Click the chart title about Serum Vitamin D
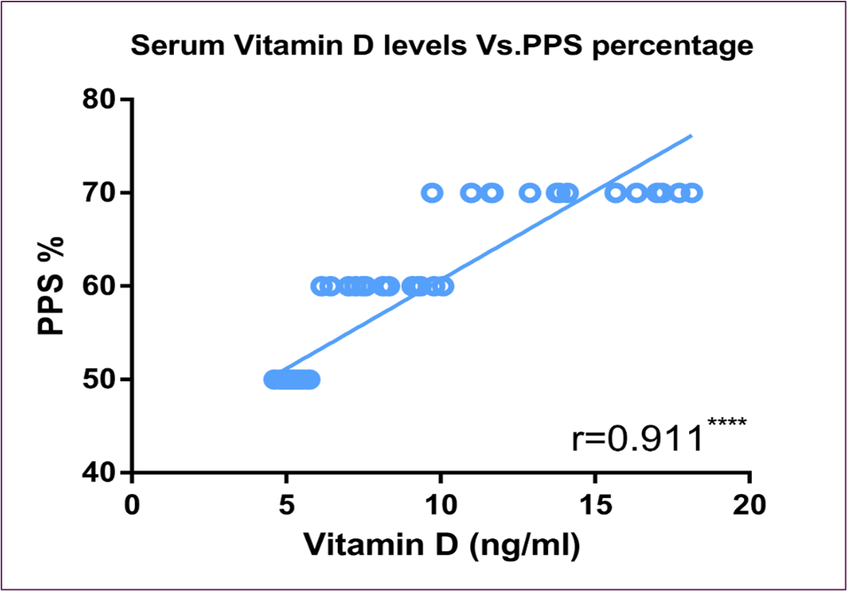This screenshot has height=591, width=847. tap(442, 47)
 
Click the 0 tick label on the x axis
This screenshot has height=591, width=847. tap(133, 505)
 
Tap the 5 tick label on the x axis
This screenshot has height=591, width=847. tap(286, 505)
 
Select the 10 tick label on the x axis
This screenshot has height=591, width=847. tap(440, 505)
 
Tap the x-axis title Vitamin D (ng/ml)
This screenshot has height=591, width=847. tap(442, 545)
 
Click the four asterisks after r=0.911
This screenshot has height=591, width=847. tap(725, 422)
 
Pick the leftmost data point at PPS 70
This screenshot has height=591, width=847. tap(432, 192)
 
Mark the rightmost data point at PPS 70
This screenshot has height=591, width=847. tap(692, 192)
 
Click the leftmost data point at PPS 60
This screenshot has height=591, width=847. tap(320, 286)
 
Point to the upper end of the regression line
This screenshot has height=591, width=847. tap(691, 136)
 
